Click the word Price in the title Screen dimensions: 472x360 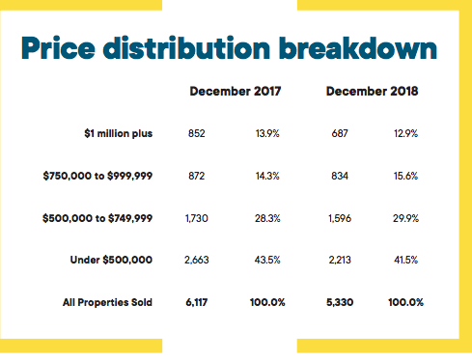tap(58, 47)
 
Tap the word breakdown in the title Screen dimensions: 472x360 tap(358, 47)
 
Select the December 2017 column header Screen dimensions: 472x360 tap(236, 91)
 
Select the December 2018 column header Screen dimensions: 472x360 tap(372, 91)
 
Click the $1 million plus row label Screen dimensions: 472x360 tap(118, 133)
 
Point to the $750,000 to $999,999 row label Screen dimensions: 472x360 tap(97, 176)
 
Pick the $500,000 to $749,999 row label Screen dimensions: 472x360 tap(97, 218)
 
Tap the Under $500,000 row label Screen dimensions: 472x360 tap(111, 260)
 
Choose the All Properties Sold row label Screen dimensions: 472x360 tap(107, 302)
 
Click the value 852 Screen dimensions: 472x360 tap(196, 133)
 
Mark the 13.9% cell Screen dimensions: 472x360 tap(267, 133)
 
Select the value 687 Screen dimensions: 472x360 tap(340, 133)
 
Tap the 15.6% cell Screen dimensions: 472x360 tap(405, 176)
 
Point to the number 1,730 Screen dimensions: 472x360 tap(196, 218)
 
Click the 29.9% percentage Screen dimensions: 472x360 tap(405, 218)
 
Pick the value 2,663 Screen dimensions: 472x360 tap(196, 260)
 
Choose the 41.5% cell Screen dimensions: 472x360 tap(405, 260)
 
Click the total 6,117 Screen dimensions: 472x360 tap(196, 302)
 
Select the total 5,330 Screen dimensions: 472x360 tap(340, 302)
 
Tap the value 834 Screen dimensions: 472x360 tap(340, 176)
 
